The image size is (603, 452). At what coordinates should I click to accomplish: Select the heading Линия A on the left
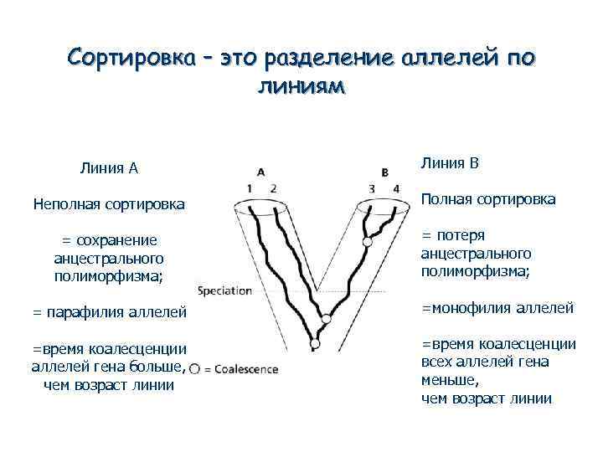[109, 168]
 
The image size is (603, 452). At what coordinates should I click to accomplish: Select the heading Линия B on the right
[450, 162]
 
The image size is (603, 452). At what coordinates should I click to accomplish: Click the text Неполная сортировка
[109, 203]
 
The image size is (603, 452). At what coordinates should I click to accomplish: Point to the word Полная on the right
[448, 198]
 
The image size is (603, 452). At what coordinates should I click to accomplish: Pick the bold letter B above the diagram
[384, 172]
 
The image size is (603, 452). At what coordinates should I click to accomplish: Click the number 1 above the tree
[251, 187]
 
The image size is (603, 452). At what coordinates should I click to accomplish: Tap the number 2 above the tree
[273, 187]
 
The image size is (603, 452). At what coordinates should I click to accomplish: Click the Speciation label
[224, 291]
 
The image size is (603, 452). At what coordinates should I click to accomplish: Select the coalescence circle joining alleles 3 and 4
[367, 242]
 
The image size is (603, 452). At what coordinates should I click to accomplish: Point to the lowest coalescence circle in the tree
[314, 343]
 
